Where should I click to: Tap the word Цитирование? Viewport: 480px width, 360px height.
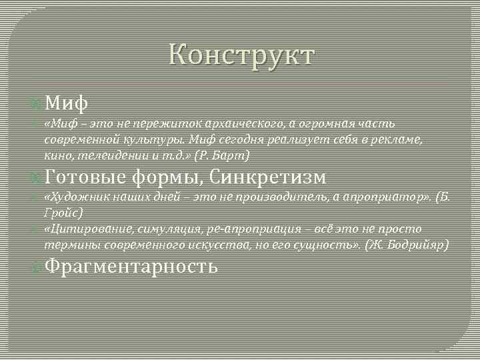(x=81, y=229)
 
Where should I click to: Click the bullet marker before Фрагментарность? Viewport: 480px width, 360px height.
(x=37, y=267)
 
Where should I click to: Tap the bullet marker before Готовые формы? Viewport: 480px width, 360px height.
(x=37, y=177)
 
